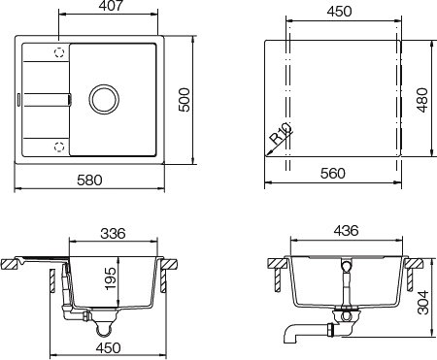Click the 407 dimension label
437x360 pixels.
(112, 6)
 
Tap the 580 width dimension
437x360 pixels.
(89, 180)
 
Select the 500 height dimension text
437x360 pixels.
(185, 100)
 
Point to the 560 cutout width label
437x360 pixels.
(333, 174)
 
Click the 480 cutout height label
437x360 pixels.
(422, 100)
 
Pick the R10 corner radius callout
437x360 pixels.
(281, 133)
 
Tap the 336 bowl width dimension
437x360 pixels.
(113, 233)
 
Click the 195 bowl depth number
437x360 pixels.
(111, 278)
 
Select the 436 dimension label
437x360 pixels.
(346, 231)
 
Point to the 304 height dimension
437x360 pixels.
(423, 303)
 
